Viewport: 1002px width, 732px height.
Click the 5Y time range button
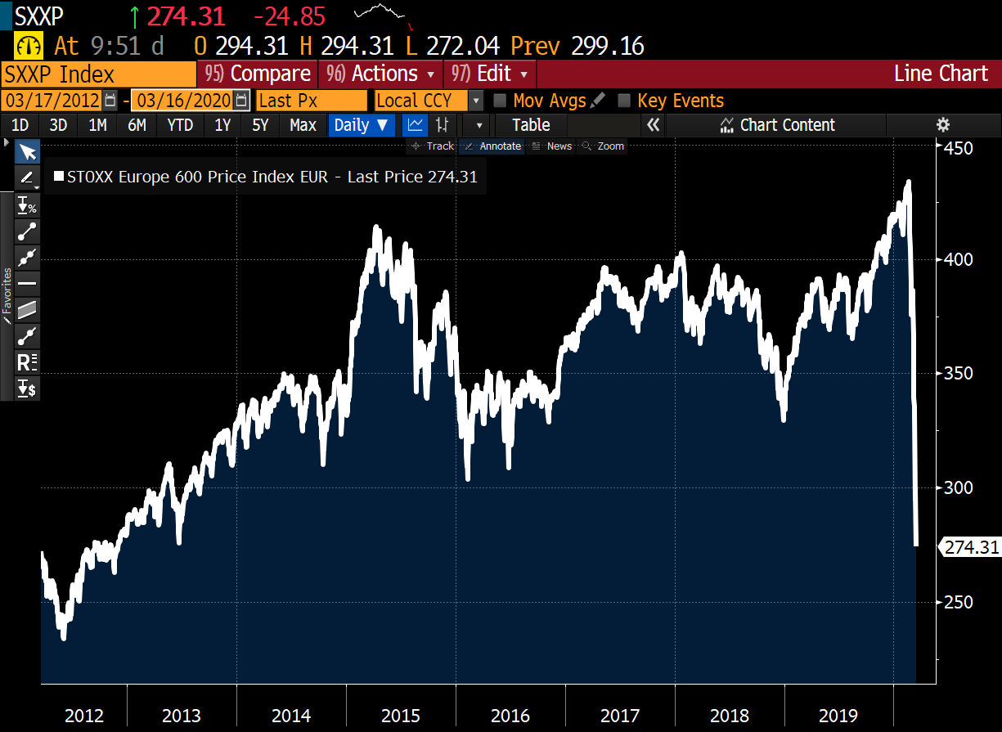tap(260, 125)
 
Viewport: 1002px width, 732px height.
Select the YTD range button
tap(180, 125)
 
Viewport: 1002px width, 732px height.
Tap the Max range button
tap(303, 125)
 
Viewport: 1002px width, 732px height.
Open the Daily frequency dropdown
tap(362, 125)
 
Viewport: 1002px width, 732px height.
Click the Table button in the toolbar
tap(531, 125)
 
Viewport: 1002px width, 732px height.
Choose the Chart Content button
tap(777, 125)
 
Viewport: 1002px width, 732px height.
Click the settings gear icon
tap(943, 125)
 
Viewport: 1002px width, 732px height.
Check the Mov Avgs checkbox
tap(500, 101)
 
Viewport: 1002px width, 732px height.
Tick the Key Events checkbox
tap(624, 101)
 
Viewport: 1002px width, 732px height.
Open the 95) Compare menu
tap(258, 74)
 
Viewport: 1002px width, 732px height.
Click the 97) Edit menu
tap(489, 74)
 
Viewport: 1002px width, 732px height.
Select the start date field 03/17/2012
tap(52, 101)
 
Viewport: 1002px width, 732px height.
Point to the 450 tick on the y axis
tap(958, 148)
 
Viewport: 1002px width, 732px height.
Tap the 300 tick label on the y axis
tap(958, 487)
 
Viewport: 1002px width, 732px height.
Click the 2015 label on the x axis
tap(401, 716)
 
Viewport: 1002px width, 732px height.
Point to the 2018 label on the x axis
tap(730, 716)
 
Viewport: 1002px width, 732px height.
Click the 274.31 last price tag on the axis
tap(972, 547)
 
